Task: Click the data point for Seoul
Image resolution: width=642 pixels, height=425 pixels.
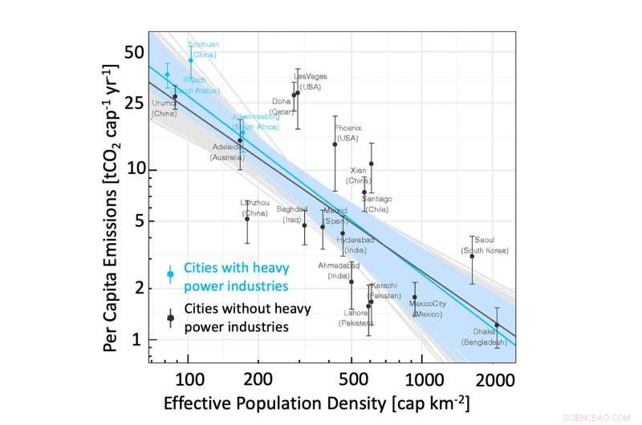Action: (x=472, y=256)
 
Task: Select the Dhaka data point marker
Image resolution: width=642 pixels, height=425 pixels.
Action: (x=497, y=325)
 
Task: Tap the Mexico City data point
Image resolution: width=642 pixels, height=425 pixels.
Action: (x=414, y=297)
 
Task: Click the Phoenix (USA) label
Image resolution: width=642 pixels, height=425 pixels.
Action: (x=347, y=132)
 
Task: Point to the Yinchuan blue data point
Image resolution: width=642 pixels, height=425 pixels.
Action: (x=191, y=60)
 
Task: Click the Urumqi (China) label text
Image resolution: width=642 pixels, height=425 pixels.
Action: (x=165, y=108)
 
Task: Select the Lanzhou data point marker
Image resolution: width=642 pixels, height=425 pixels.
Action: (x=247, y=219)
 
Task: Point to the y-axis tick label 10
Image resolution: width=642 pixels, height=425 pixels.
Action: (x=133, y=169)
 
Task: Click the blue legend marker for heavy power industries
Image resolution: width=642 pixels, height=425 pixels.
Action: (x=170, y=274)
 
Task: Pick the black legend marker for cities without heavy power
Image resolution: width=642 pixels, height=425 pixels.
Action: (x=170, y=318)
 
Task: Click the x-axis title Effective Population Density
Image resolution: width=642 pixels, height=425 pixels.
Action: (x=316, y=402)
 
